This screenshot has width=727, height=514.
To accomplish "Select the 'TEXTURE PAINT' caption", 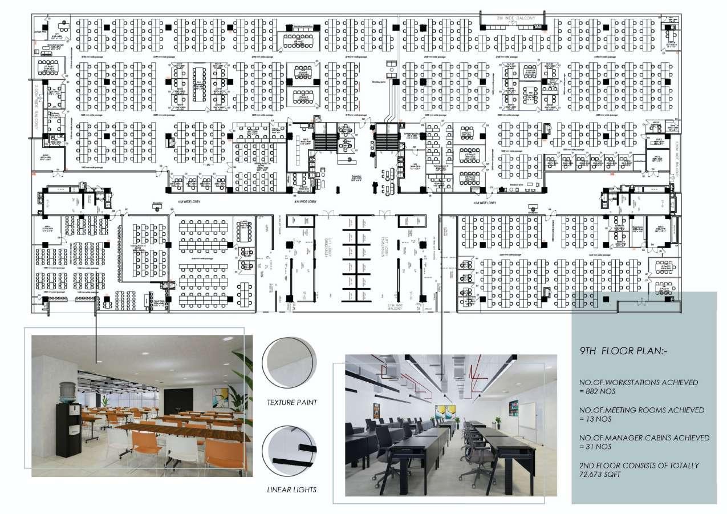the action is pyautogui.click(x=292, y=402).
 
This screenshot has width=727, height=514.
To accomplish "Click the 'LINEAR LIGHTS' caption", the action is pyautogui.click(x=292, y=489).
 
